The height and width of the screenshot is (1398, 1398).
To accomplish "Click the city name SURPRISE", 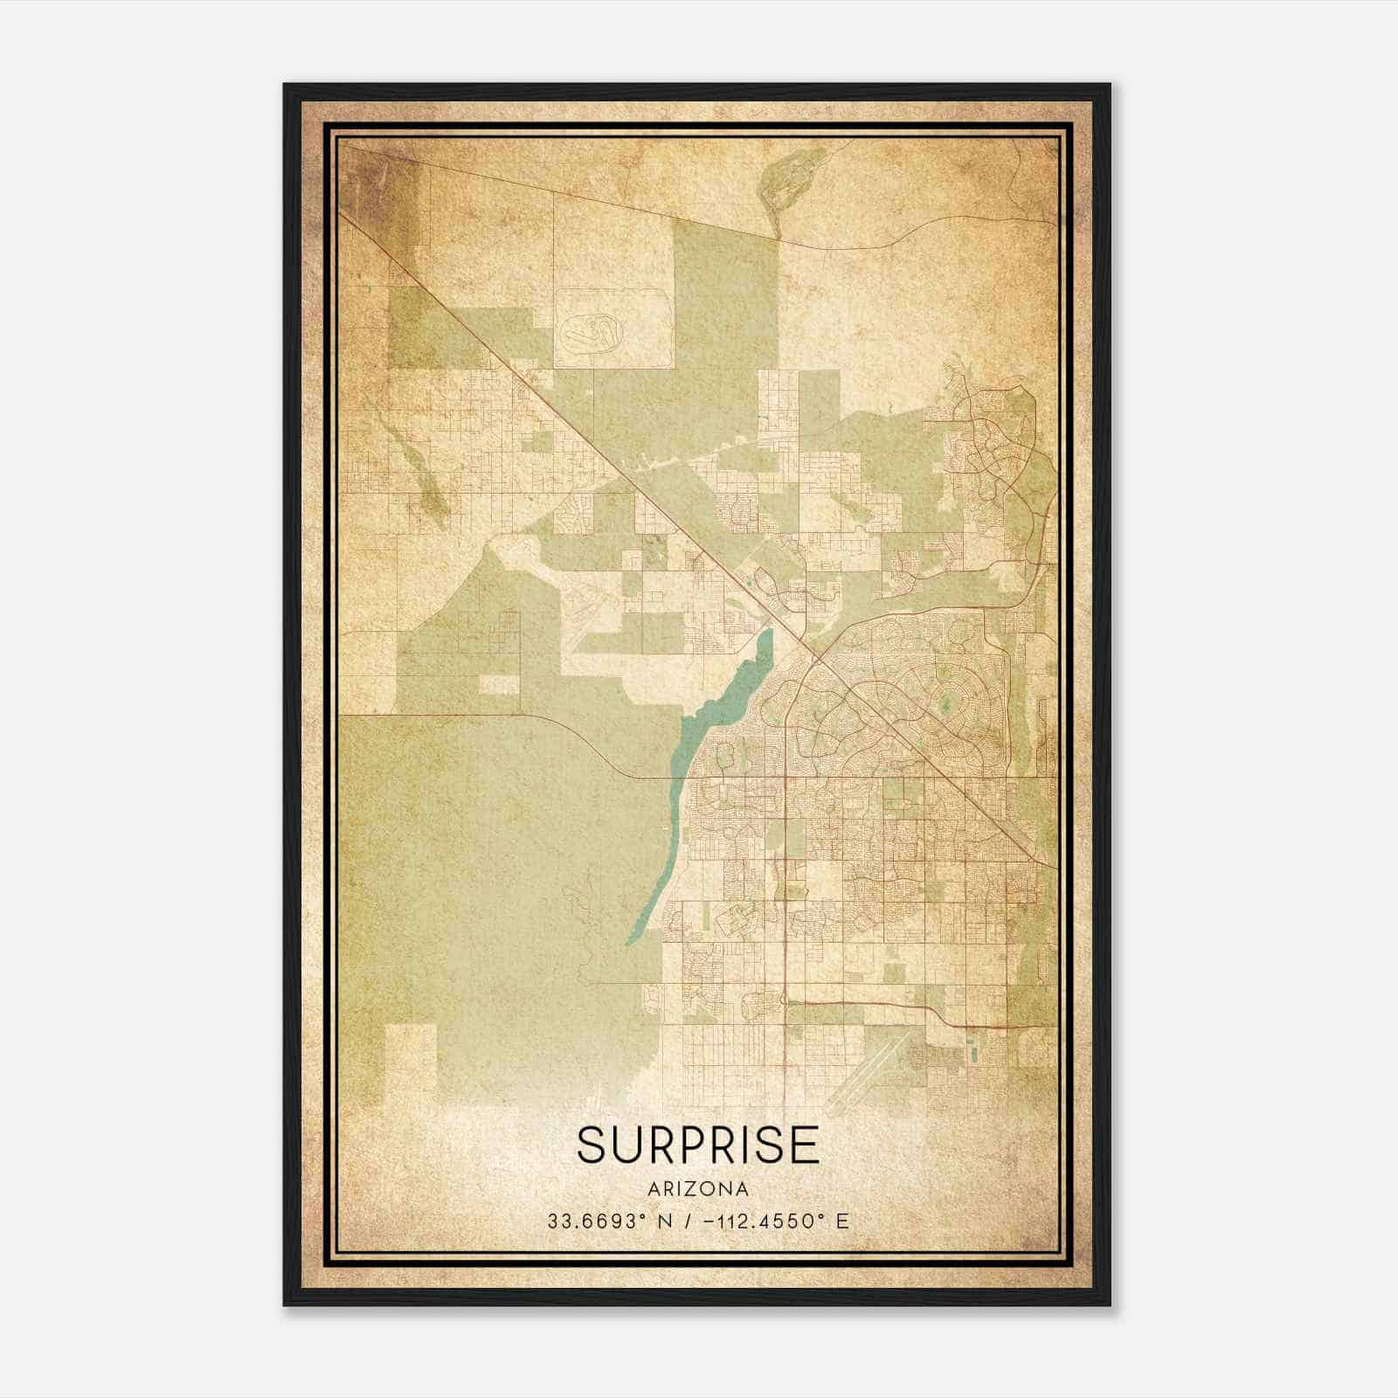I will tap(698, 1145).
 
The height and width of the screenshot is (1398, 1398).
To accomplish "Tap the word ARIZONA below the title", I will tap(698, 1189).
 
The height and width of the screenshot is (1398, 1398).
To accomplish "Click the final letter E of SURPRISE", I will tap(806, 1145).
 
